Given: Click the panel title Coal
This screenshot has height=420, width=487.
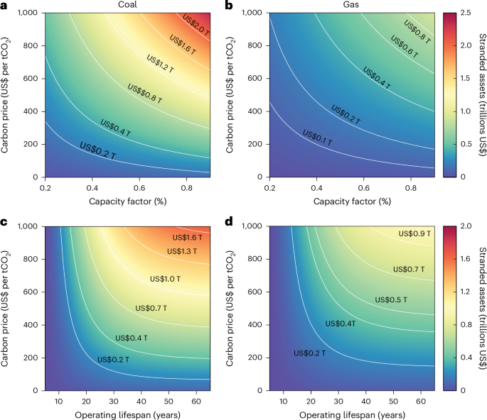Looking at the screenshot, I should click(x=127, y=5).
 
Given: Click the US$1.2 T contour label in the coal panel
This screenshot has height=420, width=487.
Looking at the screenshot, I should click(x=162, y=67).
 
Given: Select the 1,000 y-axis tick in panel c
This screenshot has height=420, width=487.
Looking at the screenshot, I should click(x=28, y=226).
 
